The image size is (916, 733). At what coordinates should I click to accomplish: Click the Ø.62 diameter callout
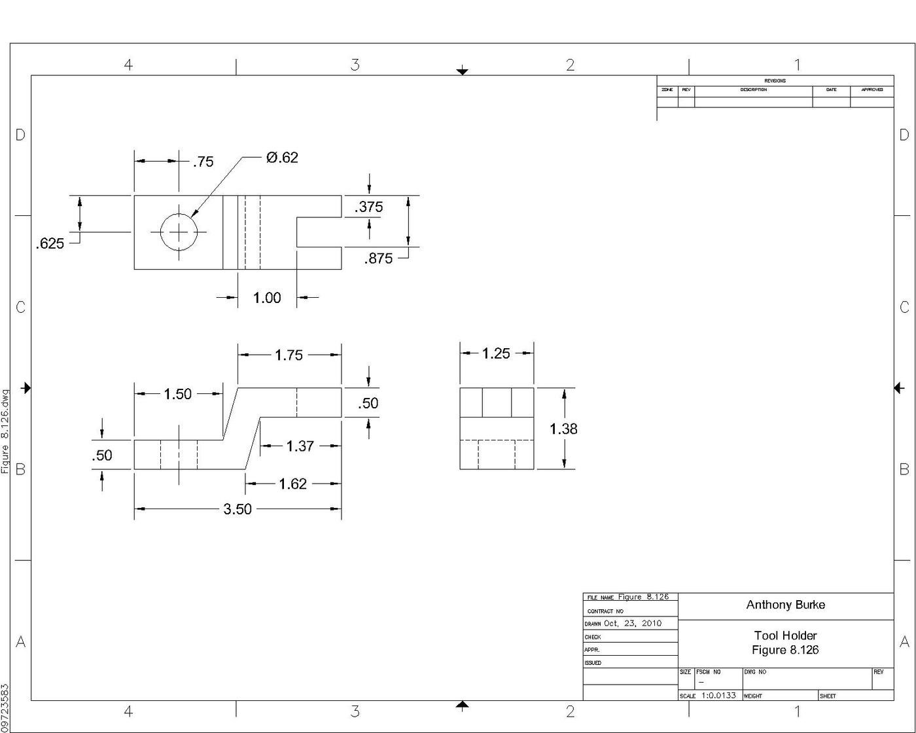pyautogui.click(x=282, y=158)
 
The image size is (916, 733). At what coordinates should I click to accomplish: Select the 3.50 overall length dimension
pyautogui.click(x=238, y=509)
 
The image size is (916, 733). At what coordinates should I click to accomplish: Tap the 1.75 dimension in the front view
pyautogui.click(x=289, y=355)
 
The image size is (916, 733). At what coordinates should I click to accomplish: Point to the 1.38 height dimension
pyautogui.click(x=563, y=429)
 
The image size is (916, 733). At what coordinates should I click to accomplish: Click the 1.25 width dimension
pyautogui.click(x=496, y=353)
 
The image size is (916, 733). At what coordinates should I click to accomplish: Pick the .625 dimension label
pyautogui.click(x=50, y=243)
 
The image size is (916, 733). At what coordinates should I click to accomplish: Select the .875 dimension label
pyautogui.click(x=378, y=259)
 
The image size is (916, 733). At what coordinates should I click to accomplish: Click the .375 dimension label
pyautogui.click(x=368, y=207)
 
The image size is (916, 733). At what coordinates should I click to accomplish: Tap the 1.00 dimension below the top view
pyautogui.click(x=267, y=298)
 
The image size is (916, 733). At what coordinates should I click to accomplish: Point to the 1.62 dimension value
pyautogui.click(x=292, y=484)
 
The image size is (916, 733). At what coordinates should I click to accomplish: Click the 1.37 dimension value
pyautogui.click(x=300, y=446)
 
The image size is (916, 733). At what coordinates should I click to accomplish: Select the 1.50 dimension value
pyautogui.click(x=177, y=394)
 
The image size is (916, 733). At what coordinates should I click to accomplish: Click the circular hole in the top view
pyautogui.click(x=179, y=232)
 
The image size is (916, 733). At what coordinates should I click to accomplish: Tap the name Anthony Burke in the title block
pyautogui.click(x=785, y=605)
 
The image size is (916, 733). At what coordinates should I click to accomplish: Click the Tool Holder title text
pyautogui.click(x=785, y=635)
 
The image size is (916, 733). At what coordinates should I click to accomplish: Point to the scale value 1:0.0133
pyautogui.click(x=718, y=695)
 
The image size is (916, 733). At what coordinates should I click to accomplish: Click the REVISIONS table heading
pyautogui.click(x=775, y=80)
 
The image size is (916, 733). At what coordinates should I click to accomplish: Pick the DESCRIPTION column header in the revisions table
pyautogui.click(x=753, y=90)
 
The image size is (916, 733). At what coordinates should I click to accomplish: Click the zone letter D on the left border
pyautogui.click(x=20, y=135)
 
